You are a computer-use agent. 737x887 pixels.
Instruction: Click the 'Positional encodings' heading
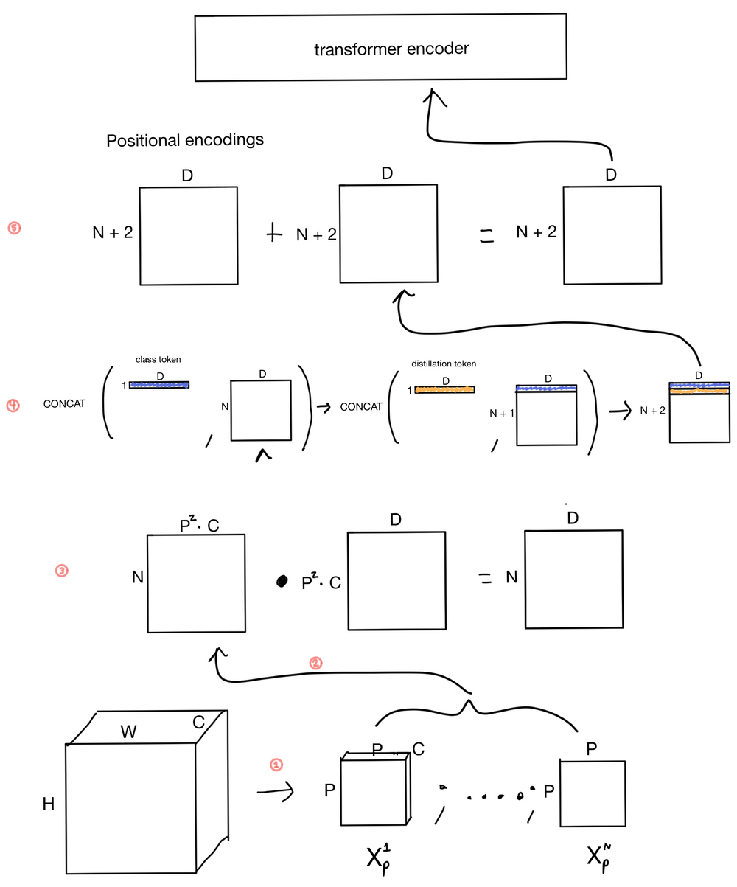coord(185,140)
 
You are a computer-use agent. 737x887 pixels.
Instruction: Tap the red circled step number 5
coord(14,228)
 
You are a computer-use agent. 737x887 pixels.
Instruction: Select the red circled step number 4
coord(13,406)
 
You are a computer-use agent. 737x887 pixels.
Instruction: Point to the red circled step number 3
coord(62,570)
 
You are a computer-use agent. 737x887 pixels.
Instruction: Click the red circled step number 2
coord(315,663)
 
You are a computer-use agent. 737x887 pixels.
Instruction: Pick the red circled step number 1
coord(276,765)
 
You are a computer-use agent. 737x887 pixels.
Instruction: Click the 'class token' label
coord(158,359)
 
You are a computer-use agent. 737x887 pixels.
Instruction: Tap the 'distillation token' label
coord(444,364)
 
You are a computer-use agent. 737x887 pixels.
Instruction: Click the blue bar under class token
coord(159,384)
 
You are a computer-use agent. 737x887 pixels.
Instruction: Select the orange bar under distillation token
coord(444,389)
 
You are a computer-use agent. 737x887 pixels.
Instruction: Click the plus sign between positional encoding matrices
coord(274,234)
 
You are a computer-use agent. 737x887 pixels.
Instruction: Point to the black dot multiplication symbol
coord(281,582)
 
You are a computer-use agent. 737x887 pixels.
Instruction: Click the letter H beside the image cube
coord(49,804)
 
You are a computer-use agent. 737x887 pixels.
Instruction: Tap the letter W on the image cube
coord(129,731)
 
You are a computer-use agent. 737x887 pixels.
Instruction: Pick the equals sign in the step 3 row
coord(485,580)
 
